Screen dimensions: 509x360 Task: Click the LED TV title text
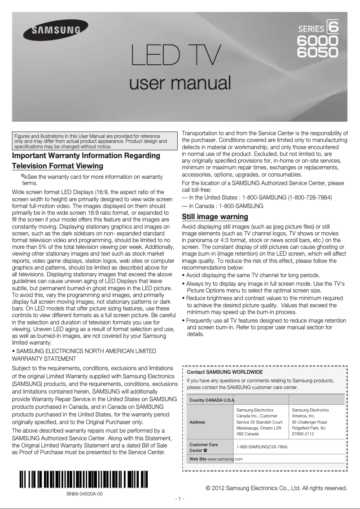[175, 56]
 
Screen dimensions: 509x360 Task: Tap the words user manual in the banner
[180, 83]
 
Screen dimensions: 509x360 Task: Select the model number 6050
[318, 53]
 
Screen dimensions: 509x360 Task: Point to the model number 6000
[318, 41]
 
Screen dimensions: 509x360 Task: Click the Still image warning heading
[215, 217]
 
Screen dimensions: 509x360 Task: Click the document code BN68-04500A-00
[84, 493]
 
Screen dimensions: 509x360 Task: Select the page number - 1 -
[180, 499]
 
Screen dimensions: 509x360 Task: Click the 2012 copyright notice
[276, 488]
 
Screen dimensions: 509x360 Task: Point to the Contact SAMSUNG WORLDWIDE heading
[224, 372]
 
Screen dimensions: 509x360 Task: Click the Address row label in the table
[198, 422]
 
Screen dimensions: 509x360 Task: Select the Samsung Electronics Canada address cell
[259, 422]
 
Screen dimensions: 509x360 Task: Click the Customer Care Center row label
[204, 447]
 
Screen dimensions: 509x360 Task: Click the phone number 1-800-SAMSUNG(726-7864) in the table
[262, 447]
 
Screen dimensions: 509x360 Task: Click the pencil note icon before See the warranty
[24, 177]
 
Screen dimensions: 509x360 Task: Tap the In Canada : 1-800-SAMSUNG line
[223, 206]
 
